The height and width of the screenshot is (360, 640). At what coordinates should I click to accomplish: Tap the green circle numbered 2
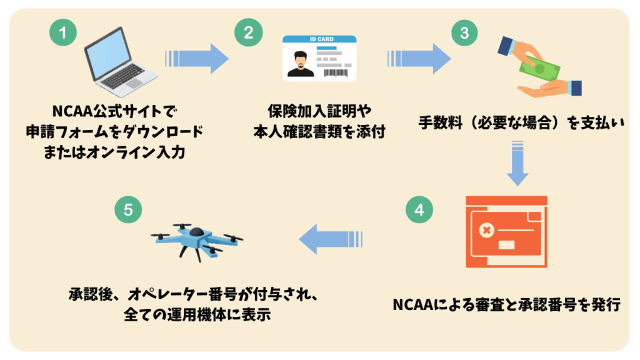click(x=248, y=32)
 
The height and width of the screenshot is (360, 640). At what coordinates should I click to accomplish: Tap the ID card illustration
click(x=319, y=58)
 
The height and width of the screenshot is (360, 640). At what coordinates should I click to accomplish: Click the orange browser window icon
click(x=507, y=231)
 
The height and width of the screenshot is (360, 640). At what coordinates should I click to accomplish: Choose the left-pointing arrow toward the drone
click(x=331, y=239)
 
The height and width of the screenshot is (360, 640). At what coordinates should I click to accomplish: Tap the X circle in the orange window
click(x=486, y=231)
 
